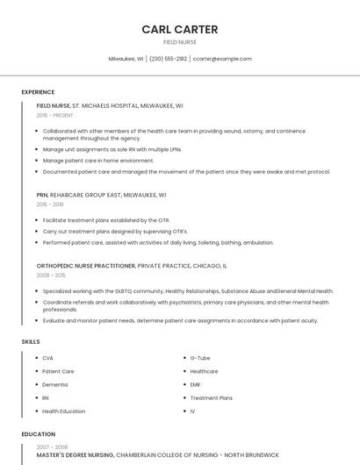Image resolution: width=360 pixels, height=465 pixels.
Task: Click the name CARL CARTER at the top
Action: pyautogui.click(x=179, y=29)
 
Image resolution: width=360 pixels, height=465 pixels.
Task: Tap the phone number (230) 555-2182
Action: pyautogui.click(x=168, y=59)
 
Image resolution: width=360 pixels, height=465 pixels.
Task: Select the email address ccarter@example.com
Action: pyautogui.click(x=222, y=59)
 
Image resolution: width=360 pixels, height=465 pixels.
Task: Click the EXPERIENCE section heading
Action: pyautogui.click(x=38, y=92)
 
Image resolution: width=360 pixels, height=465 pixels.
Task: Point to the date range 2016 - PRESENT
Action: pyautogui.click(x=55, y=115)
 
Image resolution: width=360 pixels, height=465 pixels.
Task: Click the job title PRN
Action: pyautogui.click(x=42, y=195)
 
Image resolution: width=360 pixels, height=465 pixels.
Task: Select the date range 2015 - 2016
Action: pyautogui.click(x=50, y=204)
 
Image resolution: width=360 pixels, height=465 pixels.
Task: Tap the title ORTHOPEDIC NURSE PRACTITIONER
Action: pyautogui.click(x=86, y=265)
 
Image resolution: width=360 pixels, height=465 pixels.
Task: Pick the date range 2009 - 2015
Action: pyautogui.click(x=51, y=275)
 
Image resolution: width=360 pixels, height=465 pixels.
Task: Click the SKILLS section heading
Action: pyautogui.click(x=31, y=340)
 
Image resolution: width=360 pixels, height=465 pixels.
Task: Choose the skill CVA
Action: pyautogui.click(x=47, y=358)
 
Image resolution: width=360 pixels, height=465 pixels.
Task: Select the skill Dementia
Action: pyautogui.click(x=54, y=384)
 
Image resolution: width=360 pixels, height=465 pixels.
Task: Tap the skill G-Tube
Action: pyautogui.click(x=199, y=358)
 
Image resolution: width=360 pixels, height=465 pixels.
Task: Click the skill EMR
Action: pyautogui.click(x=195, y=384)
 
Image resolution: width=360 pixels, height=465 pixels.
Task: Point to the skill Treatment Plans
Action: pyautogui.click(x=211, y=397)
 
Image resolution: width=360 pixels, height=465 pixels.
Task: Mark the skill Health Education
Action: pyautogui.click(x=63, y=411)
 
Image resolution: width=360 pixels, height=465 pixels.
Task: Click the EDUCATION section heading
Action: pyautogui.click(x=38, y=434)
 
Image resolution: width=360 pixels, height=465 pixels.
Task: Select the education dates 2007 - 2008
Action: pyautogui.click(x=52, y=447)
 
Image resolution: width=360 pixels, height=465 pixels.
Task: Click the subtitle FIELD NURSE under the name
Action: pyautogui.click(x=179, y=41)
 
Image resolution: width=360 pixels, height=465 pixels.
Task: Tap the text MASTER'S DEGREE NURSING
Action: pyautogui.click(x=75, y=455)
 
